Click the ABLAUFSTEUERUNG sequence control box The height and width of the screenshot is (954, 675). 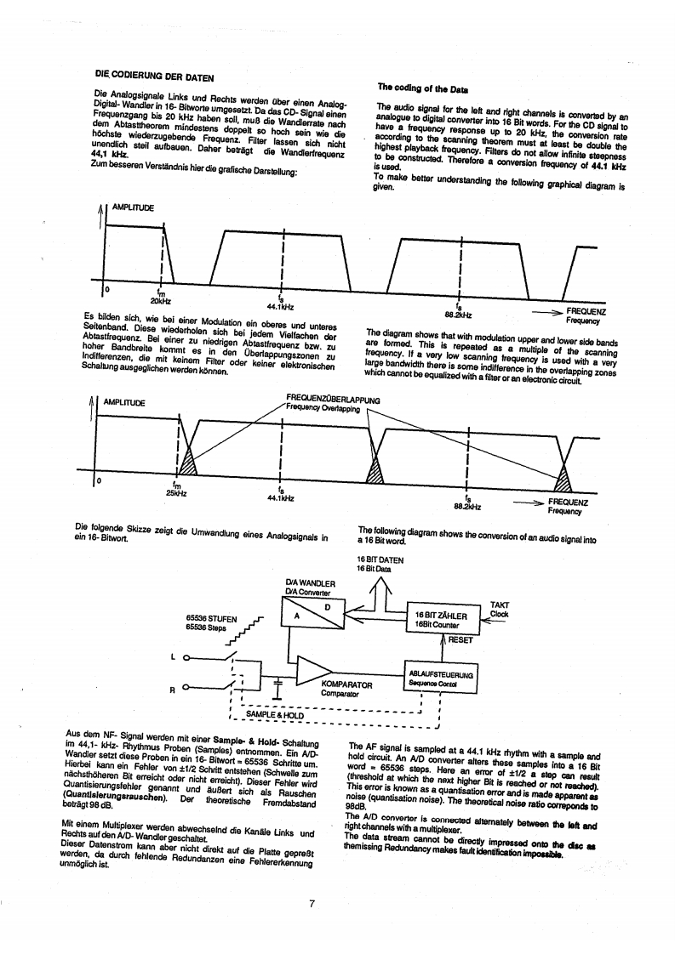coord(441,678)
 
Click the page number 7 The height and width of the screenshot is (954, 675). coord(313,902)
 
